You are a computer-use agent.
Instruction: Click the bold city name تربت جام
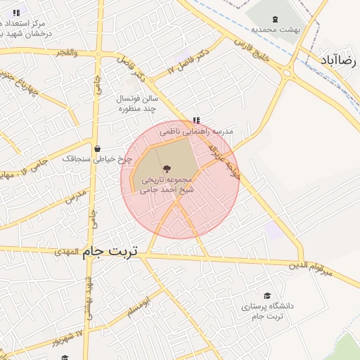click(110, 250)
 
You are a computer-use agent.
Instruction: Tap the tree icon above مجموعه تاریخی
click(167, 168)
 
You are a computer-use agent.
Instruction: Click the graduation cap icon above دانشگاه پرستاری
click(266, 295)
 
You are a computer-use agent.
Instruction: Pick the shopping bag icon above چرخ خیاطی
click(97, 148)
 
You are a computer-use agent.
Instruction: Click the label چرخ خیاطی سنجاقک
click(92, 159)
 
